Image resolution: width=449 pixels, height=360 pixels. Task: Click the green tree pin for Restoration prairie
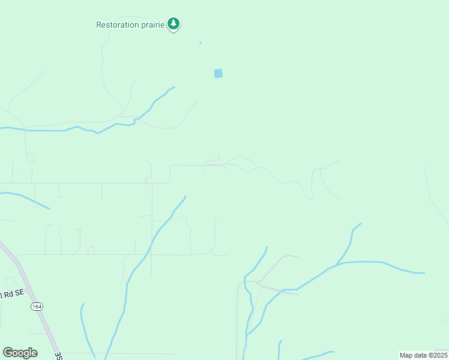173,24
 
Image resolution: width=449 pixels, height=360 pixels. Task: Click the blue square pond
218,73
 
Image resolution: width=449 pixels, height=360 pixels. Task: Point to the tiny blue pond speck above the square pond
200,43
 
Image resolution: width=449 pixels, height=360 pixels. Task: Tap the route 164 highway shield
37,306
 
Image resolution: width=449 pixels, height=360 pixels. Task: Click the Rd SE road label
13,292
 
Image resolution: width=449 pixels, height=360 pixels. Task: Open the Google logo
20,352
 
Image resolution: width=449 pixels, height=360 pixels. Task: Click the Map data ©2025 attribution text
423,355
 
